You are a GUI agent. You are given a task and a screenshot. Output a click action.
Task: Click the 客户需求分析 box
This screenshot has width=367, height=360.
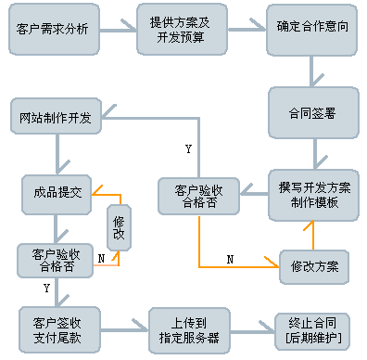(x=54, y=30)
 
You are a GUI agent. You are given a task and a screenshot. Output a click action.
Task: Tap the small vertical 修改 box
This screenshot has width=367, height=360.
(x=118, y=228)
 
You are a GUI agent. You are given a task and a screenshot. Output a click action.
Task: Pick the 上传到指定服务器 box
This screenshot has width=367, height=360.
(x=188, y=328)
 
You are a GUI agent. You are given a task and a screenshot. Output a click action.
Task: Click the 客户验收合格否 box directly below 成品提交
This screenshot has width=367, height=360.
(x=55, y=260)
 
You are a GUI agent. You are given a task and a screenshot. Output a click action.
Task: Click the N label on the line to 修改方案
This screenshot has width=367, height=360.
(x=230, y=260)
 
